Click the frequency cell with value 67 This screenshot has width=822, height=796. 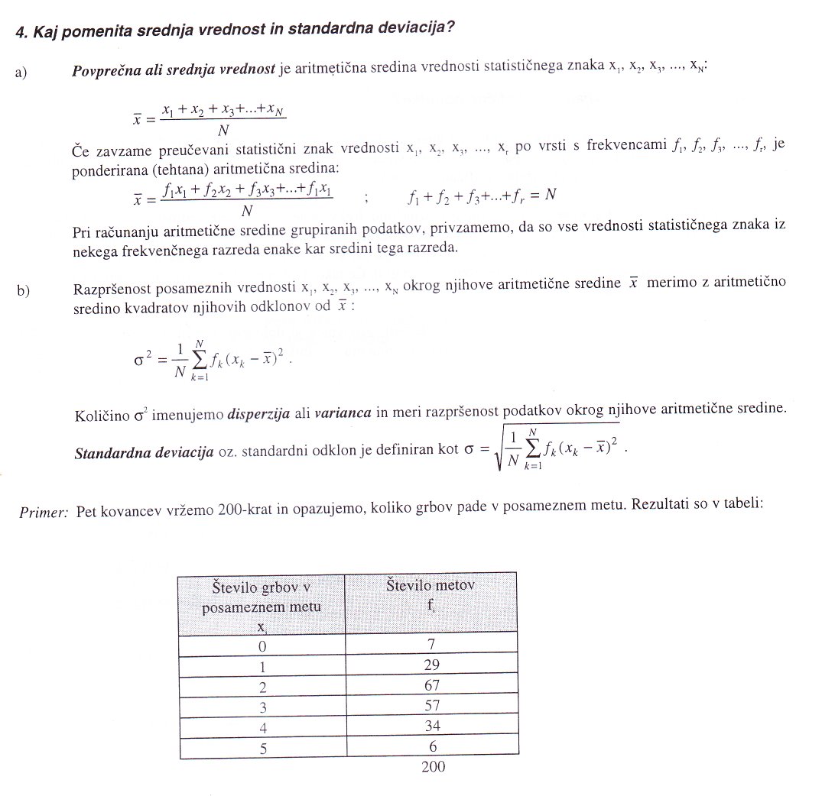point(431,685)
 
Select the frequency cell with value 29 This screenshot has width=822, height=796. point(431,665)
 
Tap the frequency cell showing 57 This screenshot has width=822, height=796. point(431,706)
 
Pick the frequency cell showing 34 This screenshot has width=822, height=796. point(431,726)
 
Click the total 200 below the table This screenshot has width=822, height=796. point(433,767)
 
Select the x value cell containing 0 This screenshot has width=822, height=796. point(262,646)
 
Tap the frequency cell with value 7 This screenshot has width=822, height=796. point(431,644)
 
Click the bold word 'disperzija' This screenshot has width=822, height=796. point(259,413)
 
